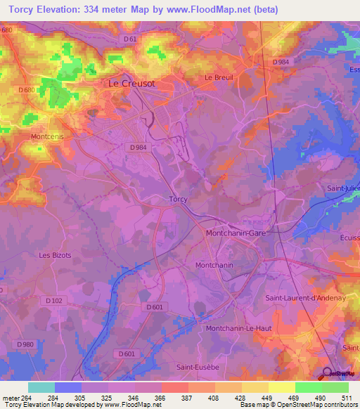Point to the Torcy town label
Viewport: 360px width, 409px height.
[x=179, y=199]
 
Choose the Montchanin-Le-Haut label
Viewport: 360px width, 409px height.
[x=238, y=328]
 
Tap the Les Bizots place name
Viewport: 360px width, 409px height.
[x=55, y=255]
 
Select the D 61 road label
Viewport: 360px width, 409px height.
[x=129, y=39]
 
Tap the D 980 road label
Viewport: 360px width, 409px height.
[x=25, y=344]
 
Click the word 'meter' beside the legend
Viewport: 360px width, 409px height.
[x=8, y=398]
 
